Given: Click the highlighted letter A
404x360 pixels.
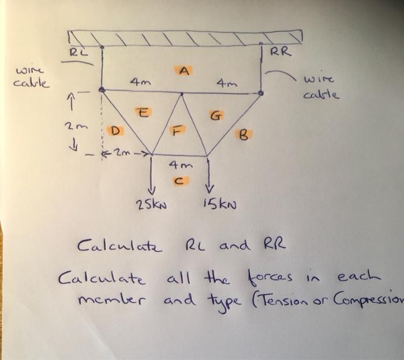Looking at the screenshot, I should point(184,71).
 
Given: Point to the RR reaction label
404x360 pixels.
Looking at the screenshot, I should point(282,52).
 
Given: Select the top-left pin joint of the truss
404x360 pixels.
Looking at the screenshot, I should point(102,90).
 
